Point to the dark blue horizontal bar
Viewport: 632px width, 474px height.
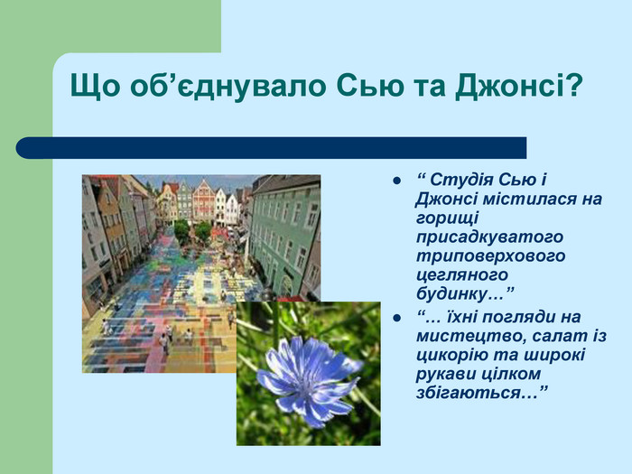pyautogui.click(x=271, y=148)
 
